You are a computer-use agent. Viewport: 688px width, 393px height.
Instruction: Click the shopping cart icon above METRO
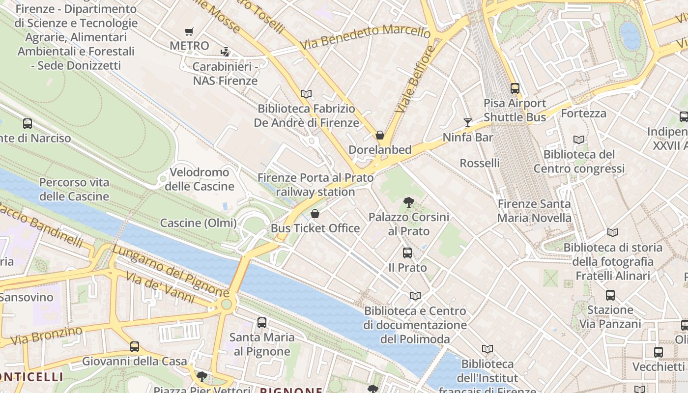[x=189, y=32]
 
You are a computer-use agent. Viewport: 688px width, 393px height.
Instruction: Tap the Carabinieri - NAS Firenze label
[x=226, y=74]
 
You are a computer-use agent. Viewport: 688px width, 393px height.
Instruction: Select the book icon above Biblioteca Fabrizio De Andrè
[x=306, y=94]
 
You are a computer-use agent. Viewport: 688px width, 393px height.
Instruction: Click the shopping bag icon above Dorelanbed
[x=380, y=135]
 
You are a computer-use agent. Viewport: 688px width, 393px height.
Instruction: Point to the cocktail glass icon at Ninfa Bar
[x=467, y=122]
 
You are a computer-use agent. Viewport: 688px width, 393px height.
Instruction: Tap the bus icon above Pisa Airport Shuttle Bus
[x=515, y=88]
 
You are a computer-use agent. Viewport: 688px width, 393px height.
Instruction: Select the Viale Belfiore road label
[x=415, y=78]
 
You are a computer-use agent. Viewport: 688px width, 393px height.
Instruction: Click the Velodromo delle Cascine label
[x=200, y=179]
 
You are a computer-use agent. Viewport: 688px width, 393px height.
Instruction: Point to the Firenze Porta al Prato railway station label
[x=315, y=185]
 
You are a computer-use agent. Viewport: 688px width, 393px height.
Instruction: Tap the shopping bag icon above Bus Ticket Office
[x=315, y=214]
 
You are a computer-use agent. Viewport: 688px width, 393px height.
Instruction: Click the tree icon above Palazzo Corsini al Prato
[x=408, y=202]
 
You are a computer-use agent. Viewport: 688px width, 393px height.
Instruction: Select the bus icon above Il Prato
[x=407, y=253]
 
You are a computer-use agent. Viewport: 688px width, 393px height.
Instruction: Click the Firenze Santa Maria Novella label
[x=534, y=211]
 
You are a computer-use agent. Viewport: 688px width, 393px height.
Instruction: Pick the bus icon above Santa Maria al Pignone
[x=262, y=323]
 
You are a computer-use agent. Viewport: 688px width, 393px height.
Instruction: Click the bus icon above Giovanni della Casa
[x=135, y=347]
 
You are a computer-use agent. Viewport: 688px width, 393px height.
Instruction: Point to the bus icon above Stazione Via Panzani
[x=610, y=295]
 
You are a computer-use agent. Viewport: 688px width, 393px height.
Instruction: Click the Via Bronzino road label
[x=46, y=336]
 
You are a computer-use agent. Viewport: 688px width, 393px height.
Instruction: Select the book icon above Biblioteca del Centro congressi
[x=579, y=140]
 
